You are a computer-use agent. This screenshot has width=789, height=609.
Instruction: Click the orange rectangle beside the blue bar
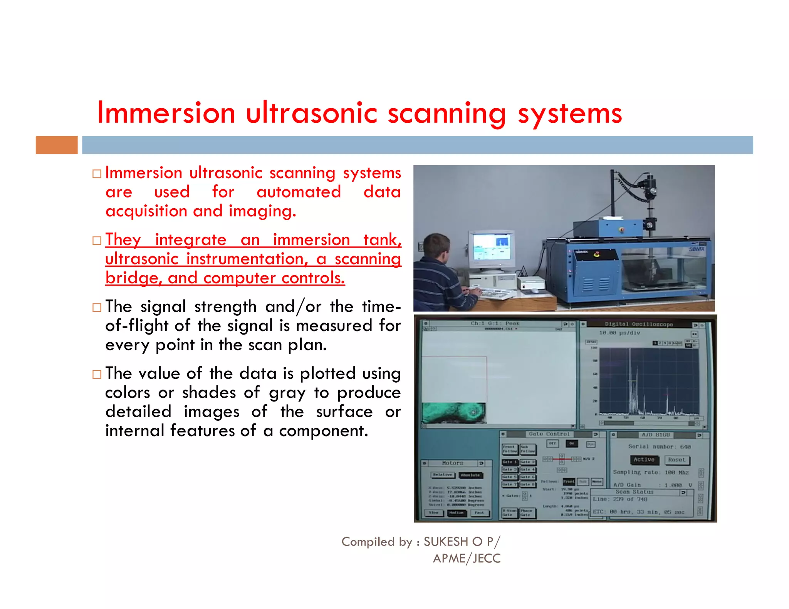tap(57, 145)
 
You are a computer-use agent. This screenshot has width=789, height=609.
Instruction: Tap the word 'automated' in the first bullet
tap(299, 192)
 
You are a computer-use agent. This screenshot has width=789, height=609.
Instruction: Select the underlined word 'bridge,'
tap(133, 278)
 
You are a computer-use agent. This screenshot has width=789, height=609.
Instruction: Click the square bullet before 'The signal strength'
tap(97, 308)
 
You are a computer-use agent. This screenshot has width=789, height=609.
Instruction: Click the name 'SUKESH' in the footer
tap(446, 542)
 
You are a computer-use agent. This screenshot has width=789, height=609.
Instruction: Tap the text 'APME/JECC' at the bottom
tap(467, 559)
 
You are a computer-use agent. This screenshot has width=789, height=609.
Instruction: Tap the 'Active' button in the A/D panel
tap(644, 460)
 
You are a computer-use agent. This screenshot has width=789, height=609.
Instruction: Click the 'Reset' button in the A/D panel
tap(677, 460)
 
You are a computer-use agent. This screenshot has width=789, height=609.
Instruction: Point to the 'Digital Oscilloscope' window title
tap(638, 324)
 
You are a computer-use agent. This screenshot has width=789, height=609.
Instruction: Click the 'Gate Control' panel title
tap(549, 434)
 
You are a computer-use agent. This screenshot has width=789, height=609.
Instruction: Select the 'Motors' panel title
tap(452, 463)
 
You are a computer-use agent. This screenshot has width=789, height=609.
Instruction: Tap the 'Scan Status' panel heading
tap(634, 492)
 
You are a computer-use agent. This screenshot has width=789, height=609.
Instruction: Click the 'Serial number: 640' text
tap(659, 447)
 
